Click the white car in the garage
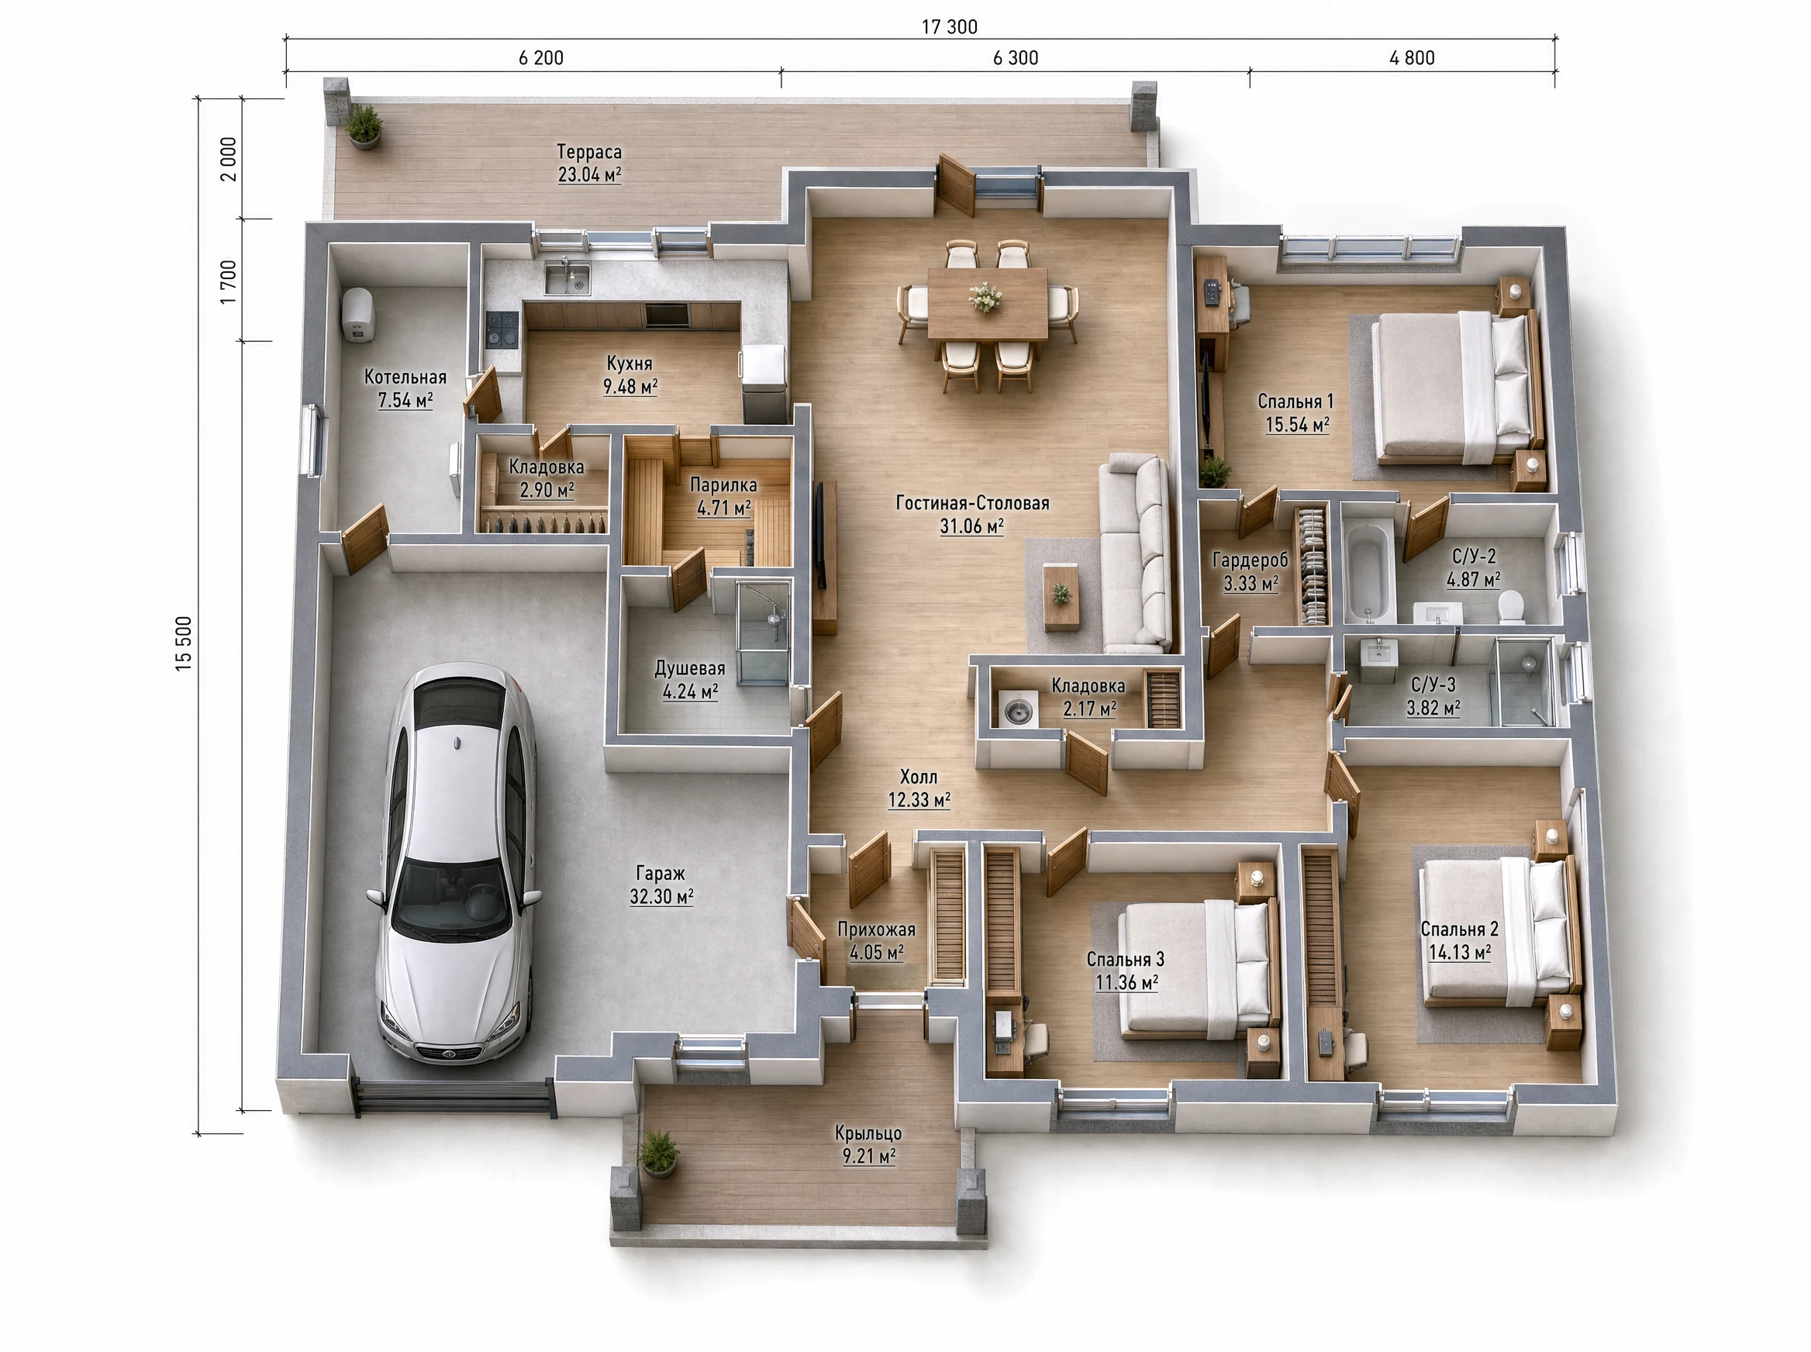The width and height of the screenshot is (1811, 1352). click(455, 864)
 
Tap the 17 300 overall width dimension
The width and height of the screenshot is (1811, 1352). click(949, 27)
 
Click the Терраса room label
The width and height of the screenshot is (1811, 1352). click(589, 151)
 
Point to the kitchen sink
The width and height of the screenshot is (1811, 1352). click(567, 277)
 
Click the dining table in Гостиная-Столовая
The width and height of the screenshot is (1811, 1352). click(987, 303)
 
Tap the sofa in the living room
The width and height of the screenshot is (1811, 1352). click(1135, 554)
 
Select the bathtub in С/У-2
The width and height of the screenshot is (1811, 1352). click(1369, 572)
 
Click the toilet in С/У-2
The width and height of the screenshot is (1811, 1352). click(1511, 607)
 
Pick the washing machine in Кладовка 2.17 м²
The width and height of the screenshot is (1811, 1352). click(1017, 709)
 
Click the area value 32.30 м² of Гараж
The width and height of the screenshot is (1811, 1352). click(661, 896)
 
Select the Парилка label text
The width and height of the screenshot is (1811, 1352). click(723, 485)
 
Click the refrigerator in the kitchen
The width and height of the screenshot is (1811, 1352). click(764, 383)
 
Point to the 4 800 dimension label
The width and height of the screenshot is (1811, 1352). click(1412, 58)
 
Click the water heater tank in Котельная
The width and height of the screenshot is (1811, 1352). click(357, 314)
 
